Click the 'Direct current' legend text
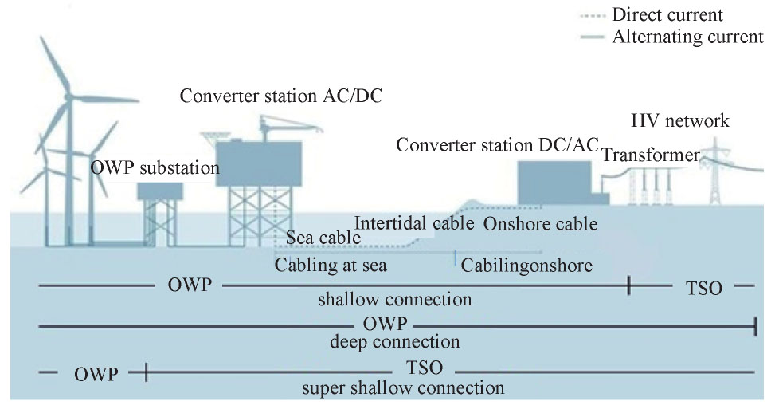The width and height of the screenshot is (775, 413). pyautogui.click(x=667, y=15)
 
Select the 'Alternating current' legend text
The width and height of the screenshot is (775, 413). pyautogui.click(x=688, y=37)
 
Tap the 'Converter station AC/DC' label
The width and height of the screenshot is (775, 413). pyautogui.click(x=281, y=96)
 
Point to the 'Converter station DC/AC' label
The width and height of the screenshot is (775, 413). pyautogui.click(x=497, y=145)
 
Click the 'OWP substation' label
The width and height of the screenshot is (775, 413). pyautogui.click(x=155, y=168)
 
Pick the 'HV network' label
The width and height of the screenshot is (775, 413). pyautogui.click(x=680, y=120)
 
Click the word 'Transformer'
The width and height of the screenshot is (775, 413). pyautogui.click(x=651, y=155)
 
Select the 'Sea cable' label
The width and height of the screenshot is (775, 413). pyautogui.click(x=323, y=238)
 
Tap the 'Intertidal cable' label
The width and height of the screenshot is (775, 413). pyautogui.click(x=414, y=223)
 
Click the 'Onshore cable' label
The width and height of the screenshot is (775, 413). pyautogui.click(x=541, y=224)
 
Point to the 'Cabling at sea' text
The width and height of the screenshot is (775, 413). pyautogui.click(x=331, y=265)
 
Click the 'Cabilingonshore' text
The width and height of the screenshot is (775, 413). pyautogui.click(x=526, y=265)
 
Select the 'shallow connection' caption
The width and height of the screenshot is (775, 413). pyautogui.click(x=395, y=299)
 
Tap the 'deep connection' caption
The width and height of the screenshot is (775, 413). pyautogui.click(x=395, y=342)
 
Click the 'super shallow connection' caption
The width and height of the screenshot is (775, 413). pyautogui.click(x=403, y=387)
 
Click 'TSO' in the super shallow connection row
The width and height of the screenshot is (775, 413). pyautogui.click(x=425, y=368)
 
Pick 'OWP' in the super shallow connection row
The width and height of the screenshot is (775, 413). pyautogui.click(x=96, y=375)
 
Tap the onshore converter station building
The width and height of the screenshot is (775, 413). pyautogui.click(x=554, y=183)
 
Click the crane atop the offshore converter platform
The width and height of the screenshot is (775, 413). pyautogui.click(x=287, y=126)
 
